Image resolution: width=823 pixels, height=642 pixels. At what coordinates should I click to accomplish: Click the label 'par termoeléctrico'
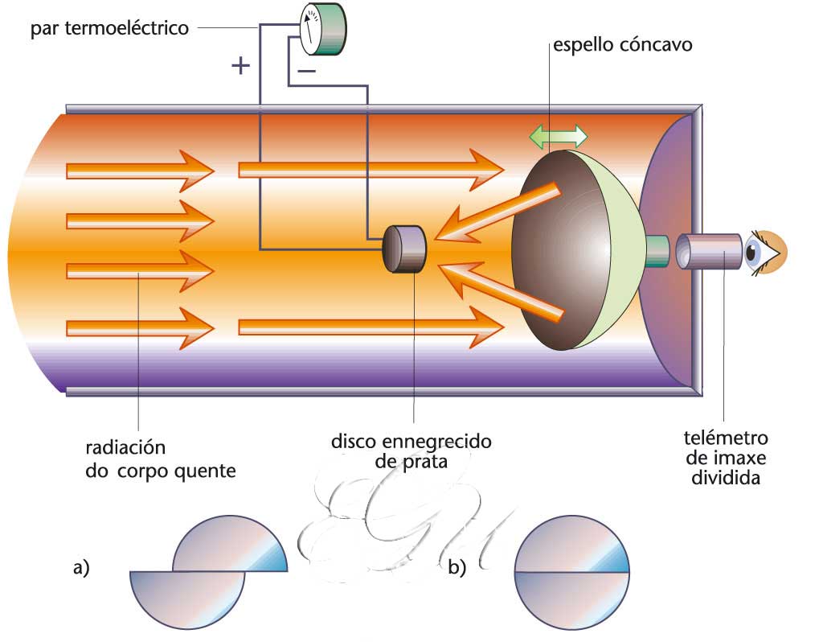109,29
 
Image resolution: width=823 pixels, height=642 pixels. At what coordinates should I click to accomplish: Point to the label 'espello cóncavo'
622,45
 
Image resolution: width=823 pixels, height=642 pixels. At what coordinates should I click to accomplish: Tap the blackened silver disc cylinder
404,249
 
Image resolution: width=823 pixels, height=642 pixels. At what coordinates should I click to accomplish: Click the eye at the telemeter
763,253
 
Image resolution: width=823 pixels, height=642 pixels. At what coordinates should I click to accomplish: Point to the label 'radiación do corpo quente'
161,459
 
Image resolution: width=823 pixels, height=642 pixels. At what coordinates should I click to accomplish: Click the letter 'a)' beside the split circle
80,568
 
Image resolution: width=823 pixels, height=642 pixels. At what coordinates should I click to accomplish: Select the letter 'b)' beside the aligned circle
457,568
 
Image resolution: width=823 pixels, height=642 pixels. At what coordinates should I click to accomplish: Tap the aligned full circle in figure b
571,572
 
